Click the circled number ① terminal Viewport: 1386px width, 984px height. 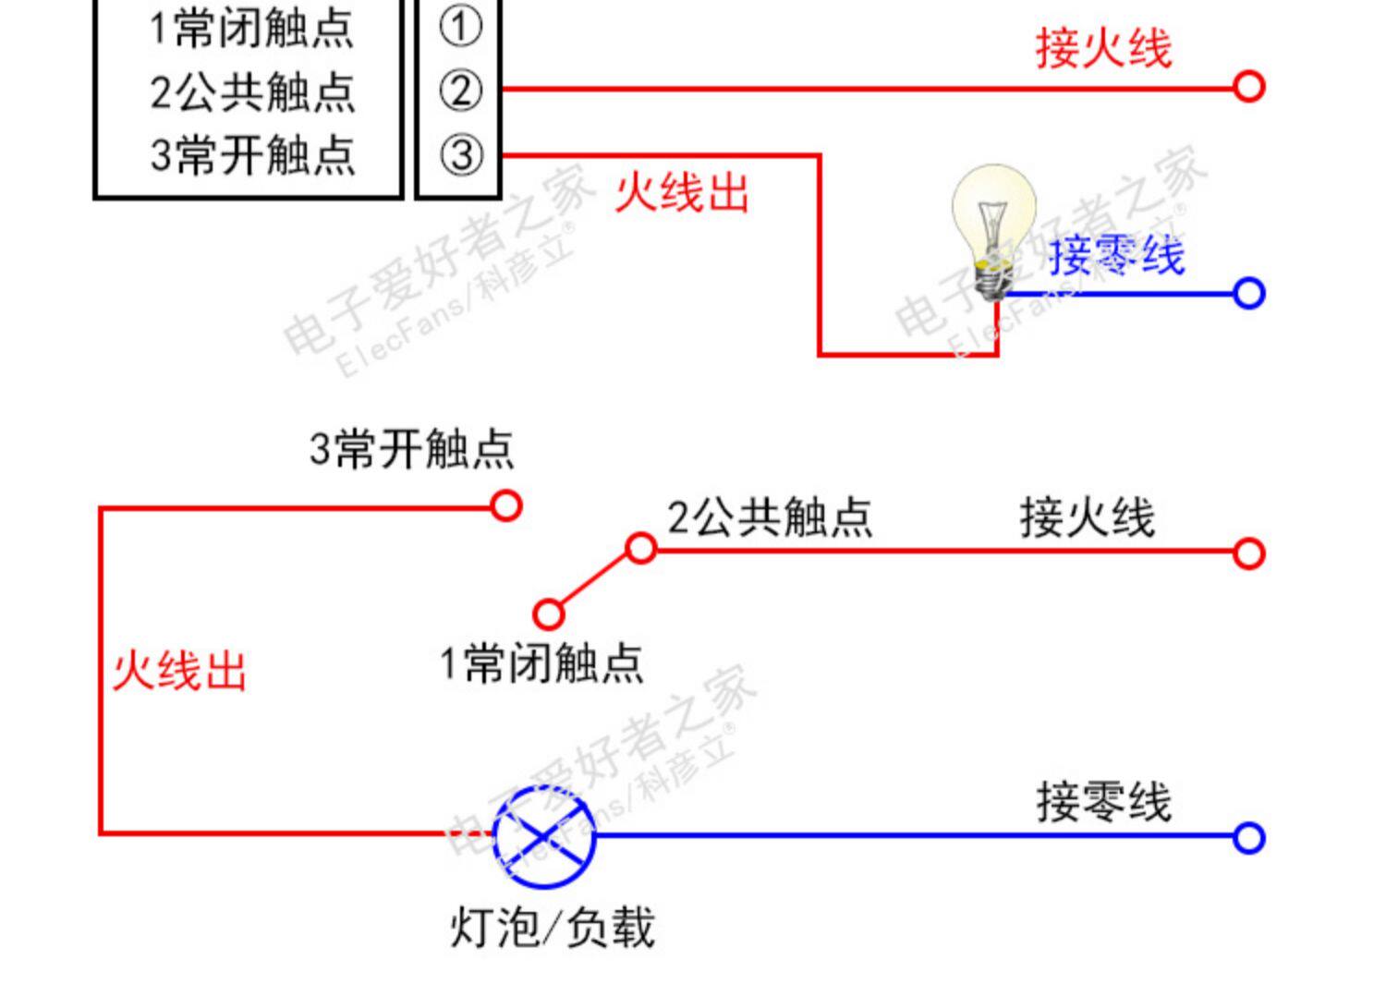pyautogui.click(x=460, y=27)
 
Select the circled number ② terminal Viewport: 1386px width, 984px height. pyautogui.click(x=460, y=91)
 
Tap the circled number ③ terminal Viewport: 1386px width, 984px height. pyautogui.click(x=460, y=154)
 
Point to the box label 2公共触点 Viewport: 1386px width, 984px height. pyautogui.click(x=251, y=91)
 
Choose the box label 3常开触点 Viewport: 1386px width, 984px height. pyautogui.click(x=251, y=154)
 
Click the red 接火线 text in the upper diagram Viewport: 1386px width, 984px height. pyautogui.click(x=1103, y=47)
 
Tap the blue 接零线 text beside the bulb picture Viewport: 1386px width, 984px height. pyautogui.click(x=1116, y=255)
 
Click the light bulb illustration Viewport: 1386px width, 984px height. pyautogui.click(x=993, y=231)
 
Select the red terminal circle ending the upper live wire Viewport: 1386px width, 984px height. pyautogui.click(x=1248, y=87)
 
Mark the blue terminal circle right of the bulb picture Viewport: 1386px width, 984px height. pyautogui.click(x=1248, y=294)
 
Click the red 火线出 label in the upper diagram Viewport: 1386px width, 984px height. pyautogui.click(x=682, y=193)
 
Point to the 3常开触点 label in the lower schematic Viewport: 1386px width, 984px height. pyautogui.click(x=411, y=449)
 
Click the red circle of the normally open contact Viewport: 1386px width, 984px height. pyautogui.click(x=505, y=506)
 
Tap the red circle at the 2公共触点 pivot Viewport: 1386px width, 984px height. pyautogui.click(x=641, y=549)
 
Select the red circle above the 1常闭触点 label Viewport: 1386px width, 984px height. pyautogui.click(x=548, y=614)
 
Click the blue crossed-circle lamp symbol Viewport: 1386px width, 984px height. pyautogui.click(x=543, y=837)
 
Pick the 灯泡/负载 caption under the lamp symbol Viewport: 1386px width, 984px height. pyautogui.click(x=552, y=928)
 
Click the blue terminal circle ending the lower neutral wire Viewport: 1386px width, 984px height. pyautogui.click(x=1248, y=838)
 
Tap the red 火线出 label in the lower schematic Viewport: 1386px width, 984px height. pyautogui.click(x=179, y=671)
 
